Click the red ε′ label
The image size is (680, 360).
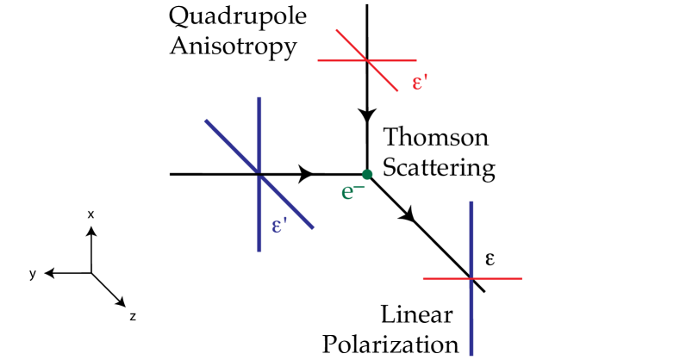click(x=420, y=83)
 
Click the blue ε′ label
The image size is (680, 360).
click(x=279, y=226)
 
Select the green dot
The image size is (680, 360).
click(x=367, y=175)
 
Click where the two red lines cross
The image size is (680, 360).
click(x=367, y=60)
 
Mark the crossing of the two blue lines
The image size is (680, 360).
click(x=259, y=174)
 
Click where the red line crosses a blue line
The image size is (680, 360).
click(x=471, y=278)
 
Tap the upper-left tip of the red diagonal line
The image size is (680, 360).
click(x=336, y=30)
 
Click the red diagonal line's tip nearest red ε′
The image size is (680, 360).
click(x=397, y=90)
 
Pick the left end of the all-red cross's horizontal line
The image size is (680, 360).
click(x=318, y=60)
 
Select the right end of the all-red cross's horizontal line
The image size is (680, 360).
click(x=416, y=60)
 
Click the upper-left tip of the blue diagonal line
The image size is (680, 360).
click(x=205, y=120)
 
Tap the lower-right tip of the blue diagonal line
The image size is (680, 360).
click(x=313, y=228)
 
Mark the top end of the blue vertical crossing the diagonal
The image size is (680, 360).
click(x=259, y=97)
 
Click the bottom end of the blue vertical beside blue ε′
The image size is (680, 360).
click(x=259, y=251)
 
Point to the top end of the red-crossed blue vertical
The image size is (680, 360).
click(x=471, y=202)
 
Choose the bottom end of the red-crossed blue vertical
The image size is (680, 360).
click(x=471, y=355)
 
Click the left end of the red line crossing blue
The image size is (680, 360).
click(x=423, y=278)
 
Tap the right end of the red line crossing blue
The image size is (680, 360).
click(x=521, y=278)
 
